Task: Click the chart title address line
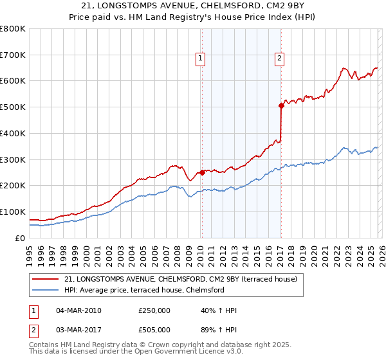[x=193, y=6]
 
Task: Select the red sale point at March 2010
[x=202, y=172]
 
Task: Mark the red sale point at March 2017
[x=281, y=105]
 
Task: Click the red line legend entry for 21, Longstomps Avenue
[x=180, y=280]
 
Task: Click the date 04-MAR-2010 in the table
[x=78, y=310]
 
